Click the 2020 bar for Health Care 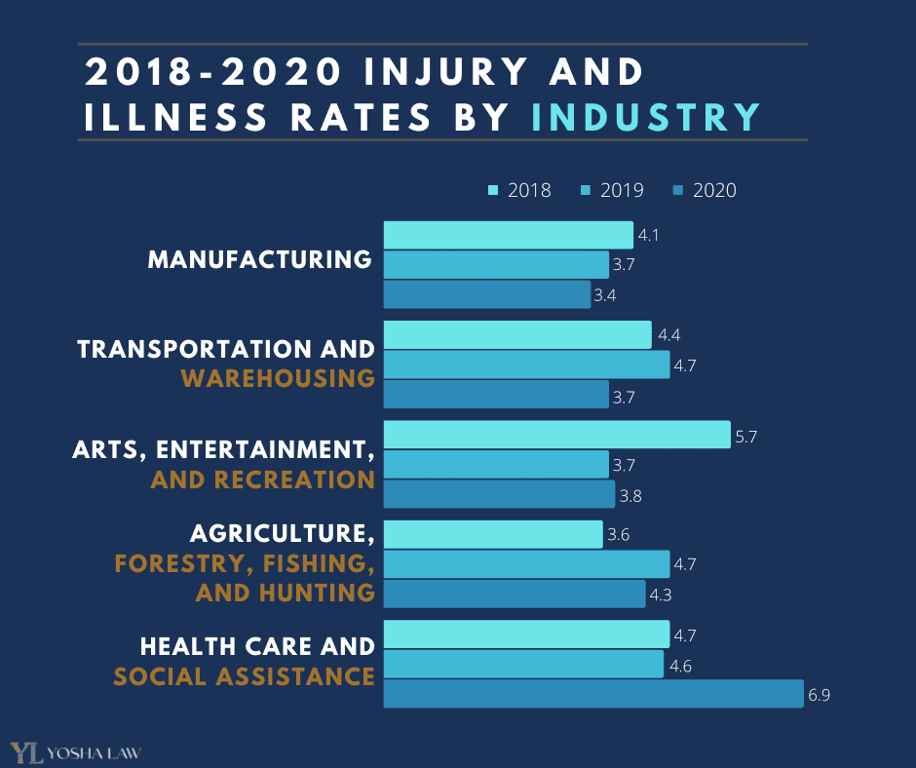(x=593, y=694)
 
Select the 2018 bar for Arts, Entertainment (x=556, y=435)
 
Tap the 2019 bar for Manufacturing (x=496, y=265)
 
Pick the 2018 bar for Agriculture (x=493, y=534)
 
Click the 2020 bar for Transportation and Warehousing (x=496, y=394)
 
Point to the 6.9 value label (x=819, y=695)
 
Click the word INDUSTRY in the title (x=646, y=116)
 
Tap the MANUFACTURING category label (x=260, y=260)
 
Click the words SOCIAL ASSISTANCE (x=245, y=675)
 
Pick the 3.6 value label (x=619, y=535)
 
